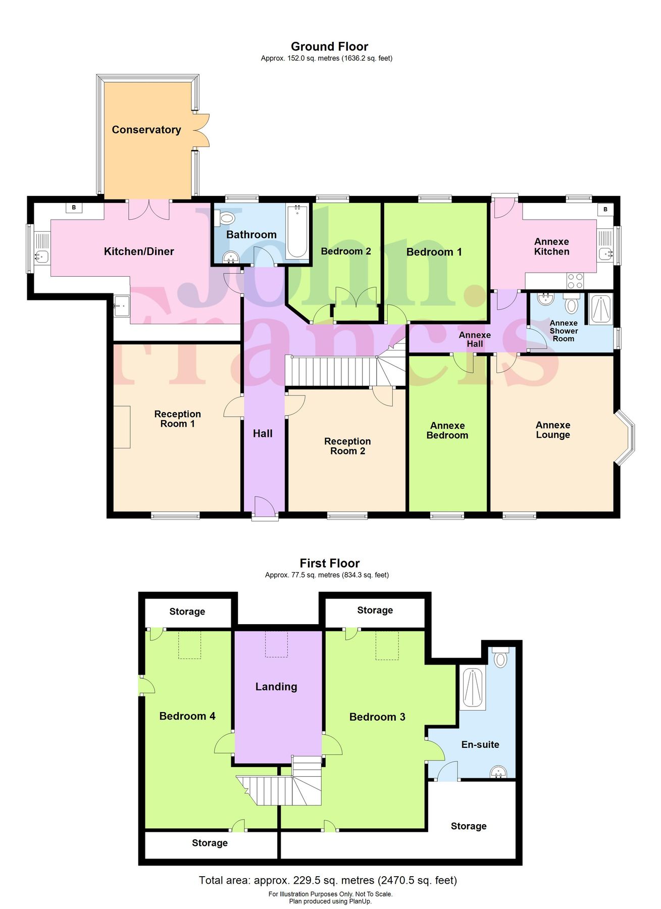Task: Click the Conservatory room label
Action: (146, 130)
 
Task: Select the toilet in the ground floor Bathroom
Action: (226, 219)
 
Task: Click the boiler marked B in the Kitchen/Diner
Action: (74, 208)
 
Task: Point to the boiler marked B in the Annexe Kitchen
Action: (605, 209)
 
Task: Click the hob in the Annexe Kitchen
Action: (575, 280)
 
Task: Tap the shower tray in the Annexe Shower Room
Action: (601, 309)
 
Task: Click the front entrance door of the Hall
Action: (265, 507)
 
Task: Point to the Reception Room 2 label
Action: (347, 446)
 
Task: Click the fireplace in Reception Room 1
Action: (122, 427)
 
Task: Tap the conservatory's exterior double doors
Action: (201, 130)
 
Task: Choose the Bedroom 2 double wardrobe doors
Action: (357, 298)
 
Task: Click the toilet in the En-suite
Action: (500, 659)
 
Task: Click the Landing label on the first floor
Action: (276, 687)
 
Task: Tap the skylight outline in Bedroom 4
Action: (190, 644)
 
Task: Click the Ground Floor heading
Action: (329, 46)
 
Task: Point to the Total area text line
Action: (328, 880)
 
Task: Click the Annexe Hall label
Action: (475, 339)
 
